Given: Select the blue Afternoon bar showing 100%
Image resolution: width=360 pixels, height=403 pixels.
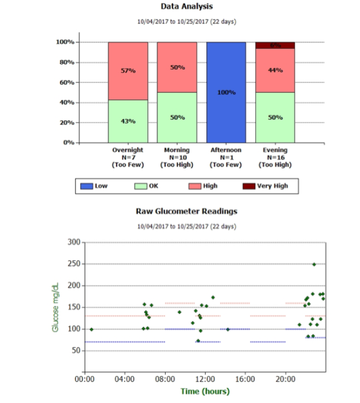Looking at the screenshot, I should (226, 92).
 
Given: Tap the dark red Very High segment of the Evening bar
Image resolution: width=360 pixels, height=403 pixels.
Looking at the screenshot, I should (275, 45).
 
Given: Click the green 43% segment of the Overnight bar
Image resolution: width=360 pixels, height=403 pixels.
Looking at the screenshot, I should (128, 121).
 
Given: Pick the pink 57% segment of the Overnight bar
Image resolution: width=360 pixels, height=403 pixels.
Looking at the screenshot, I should (128, 71).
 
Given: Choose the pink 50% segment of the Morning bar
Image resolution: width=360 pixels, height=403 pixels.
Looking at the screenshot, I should (177, 67).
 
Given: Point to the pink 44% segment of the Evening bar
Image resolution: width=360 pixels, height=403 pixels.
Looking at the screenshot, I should (275, 70).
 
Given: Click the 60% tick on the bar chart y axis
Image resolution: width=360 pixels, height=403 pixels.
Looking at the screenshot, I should (64, 82).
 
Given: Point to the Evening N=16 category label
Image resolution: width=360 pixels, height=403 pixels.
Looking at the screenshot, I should (275, 157).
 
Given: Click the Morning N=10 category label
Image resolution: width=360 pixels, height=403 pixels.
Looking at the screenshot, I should (177, 157).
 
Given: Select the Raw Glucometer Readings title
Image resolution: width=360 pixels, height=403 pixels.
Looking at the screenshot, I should (186, 211).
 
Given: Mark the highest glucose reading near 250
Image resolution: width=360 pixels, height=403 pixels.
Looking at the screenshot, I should (314, 264).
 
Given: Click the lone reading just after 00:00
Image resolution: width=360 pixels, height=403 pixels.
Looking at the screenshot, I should (91, 329).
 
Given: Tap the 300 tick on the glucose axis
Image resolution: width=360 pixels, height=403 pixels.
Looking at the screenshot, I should (73, 242).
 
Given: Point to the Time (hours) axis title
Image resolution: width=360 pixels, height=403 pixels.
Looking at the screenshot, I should (205, 391).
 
